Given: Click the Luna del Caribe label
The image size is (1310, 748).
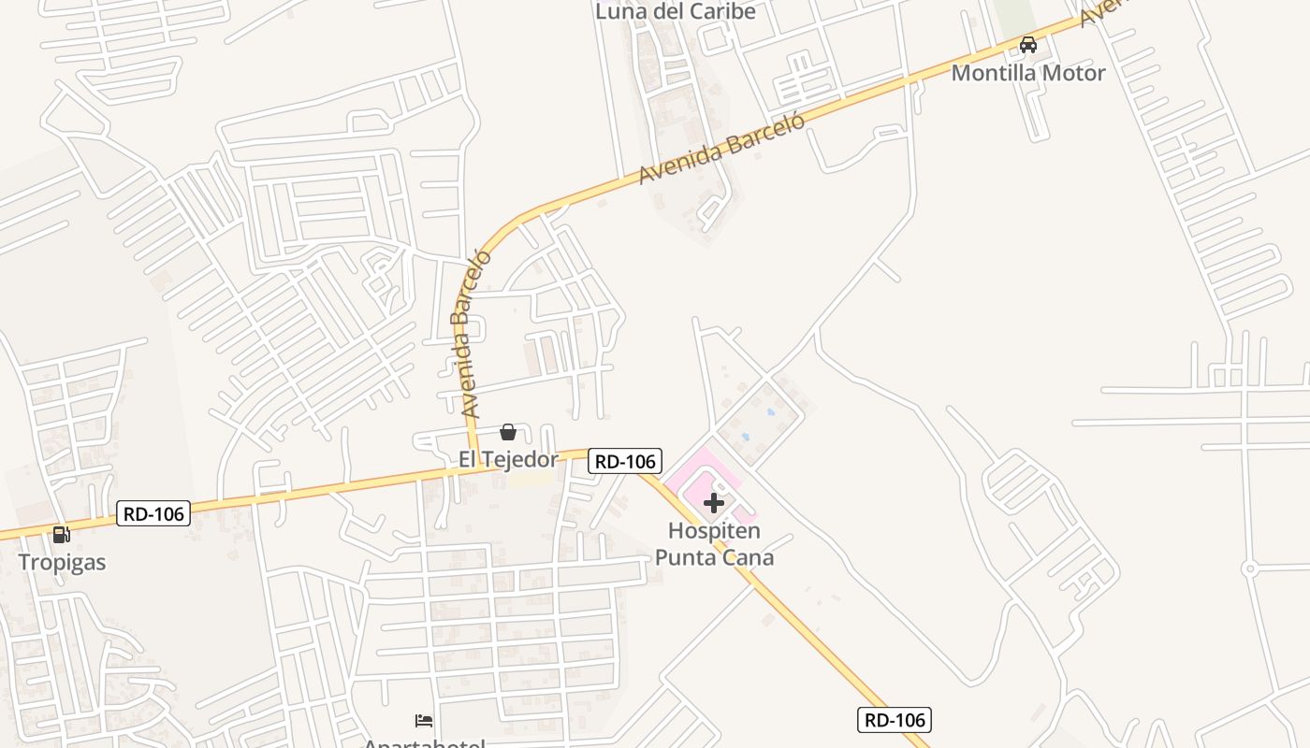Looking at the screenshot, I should (675, 11).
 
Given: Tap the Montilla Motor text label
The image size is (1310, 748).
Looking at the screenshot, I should (1027, 72).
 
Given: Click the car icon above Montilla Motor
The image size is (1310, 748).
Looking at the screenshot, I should (1027, 44).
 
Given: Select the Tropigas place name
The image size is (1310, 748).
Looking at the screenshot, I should (62, 562).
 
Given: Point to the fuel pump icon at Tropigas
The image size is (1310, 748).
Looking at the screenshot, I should (61, 535).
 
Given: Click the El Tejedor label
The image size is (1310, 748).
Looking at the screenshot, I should (507, 458).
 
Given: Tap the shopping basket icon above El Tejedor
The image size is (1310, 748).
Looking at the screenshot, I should (507, 431).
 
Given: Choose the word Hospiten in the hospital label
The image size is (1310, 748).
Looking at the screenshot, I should (714, 531).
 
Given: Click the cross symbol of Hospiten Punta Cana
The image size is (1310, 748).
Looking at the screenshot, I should (714, 503).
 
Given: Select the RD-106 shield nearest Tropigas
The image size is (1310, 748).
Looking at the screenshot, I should (153, 512).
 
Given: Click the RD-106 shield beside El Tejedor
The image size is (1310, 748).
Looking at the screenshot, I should (625, 460).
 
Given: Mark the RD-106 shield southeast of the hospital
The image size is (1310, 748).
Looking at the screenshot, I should (894, 719).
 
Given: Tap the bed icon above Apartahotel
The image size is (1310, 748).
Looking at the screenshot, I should (424, 720).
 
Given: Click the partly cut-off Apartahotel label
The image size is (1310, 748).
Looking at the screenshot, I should (425, 742).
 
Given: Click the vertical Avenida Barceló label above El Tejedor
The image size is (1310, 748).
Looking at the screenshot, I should (472, 333).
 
